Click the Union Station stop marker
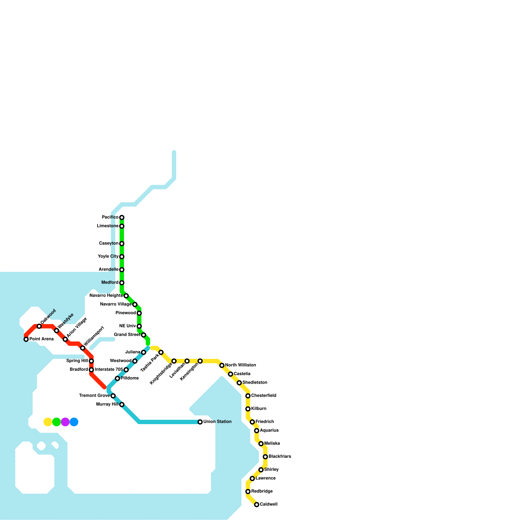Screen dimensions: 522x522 point(200,422)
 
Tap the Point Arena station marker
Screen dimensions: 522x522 point(26,339)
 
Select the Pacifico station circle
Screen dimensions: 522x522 point(122,217)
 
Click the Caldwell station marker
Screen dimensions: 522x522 point(257,505)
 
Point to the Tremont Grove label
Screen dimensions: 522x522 point(94,396)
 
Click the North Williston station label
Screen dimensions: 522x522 point(240,365)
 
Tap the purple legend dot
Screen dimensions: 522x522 point(65,422)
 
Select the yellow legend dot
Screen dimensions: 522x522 point(48,422)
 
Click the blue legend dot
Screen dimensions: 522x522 point(74,422)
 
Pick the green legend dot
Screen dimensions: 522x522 point(56,422)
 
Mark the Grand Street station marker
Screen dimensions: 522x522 point(144,335)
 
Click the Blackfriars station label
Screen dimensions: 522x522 point(280,456)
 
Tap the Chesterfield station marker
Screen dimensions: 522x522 point(248,396)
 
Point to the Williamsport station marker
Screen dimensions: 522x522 point(83,348)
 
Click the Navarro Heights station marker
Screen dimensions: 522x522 point(126,296)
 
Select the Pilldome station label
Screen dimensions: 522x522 point(130,378)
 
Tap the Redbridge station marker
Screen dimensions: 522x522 point(248,492)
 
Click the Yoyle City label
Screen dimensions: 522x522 point(108,256)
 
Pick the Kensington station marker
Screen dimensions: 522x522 point(200,361)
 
